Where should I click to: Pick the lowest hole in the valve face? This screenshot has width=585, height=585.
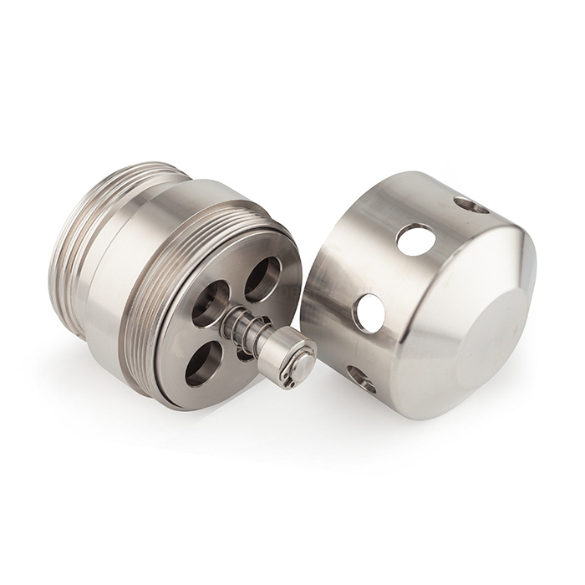[203, 363]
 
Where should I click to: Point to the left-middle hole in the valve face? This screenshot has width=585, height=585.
[208, 304]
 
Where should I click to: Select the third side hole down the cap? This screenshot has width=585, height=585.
[369, 311]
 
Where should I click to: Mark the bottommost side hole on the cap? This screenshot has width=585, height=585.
[361, 379]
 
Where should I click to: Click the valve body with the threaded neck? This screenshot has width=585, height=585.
[167, 284]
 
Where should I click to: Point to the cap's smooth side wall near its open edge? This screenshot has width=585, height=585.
[334, 276]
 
